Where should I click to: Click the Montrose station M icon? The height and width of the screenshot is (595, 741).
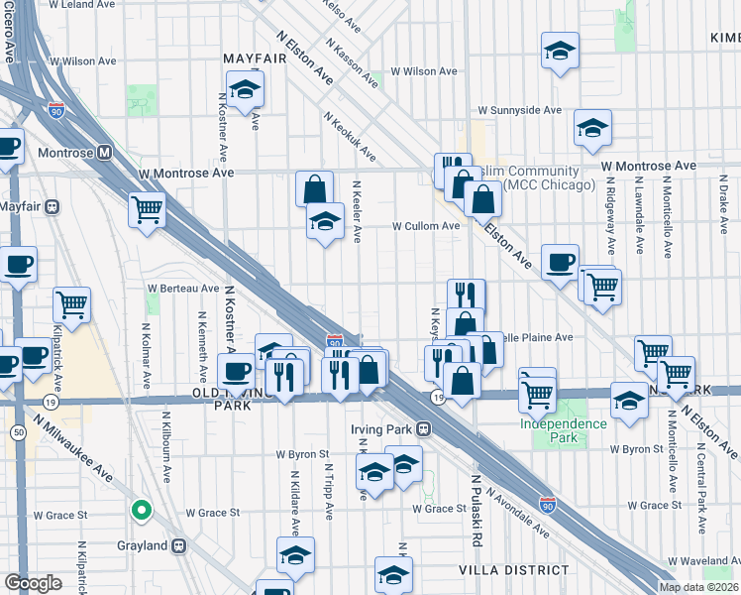[104, 154]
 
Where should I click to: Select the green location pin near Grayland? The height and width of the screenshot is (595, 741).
[142, 512]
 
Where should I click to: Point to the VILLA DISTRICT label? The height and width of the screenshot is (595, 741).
[513, 570]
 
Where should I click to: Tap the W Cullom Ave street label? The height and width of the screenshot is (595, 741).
[426, 226]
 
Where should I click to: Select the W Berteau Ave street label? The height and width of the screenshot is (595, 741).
[183, 289]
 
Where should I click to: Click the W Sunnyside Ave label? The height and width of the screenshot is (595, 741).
[520, 110]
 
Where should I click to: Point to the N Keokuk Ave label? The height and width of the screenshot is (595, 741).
[349, 135]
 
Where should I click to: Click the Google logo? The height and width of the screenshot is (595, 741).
[33, 583]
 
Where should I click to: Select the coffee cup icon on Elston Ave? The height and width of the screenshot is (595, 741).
[560, 262]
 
